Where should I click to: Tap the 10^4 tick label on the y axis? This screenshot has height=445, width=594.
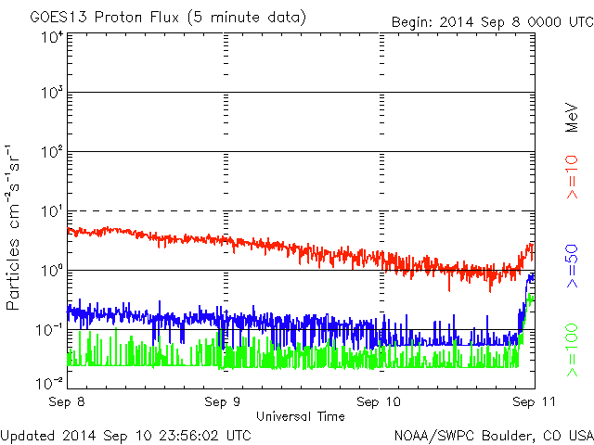[x=50, y=37]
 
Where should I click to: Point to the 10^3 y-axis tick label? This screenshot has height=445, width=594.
[x=50, y=93]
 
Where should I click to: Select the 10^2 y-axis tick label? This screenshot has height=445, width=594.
[x=50, y=151]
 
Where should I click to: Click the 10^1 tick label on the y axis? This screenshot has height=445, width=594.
[x=50, y=210]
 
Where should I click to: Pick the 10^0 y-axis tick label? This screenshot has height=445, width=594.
[x=50, y=270]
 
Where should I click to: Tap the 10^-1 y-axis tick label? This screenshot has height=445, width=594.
[x=48, y=329]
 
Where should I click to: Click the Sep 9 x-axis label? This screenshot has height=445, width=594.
[x=224, y=402]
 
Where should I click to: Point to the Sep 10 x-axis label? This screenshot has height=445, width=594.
[x=379, y=402]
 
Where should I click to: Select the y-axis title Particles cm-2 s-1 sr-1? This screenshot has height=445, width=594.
[x=17, y=227]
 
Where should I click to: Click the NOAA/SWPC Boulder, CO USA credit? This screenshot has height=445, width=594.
[x=493, y=434]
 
